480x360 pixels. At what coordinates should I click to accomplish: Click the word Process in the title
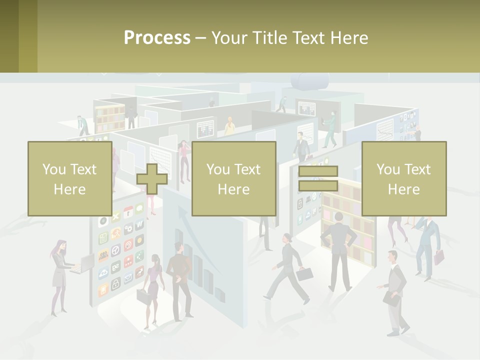point(157,38)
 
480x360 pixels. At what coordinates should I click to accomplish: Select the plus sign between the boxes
point(152,179)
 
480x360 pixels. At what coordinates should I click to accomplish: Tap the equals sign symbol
point(318,179)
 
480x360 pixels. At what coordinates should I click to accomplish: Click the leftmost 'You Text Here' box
point(69,179)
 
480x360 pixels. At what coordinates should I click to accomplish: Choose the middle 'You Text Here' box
point(233,179)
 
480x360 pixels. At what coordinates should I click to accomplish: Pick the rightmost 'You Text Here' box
point(403,179)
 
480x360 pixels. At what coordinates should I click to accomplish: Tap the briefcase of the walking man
point(304,273)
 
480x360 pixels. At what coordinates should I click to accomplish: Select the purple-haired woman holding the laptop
point(60,275)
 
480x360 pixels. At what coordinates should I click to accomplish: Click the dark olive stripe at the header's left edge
point(9,36)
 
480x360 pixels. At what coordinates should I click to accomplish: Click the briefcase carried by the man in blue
point(438,257)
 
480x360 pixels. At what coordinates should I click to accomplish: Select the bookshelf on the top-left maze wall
point(109,118)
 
